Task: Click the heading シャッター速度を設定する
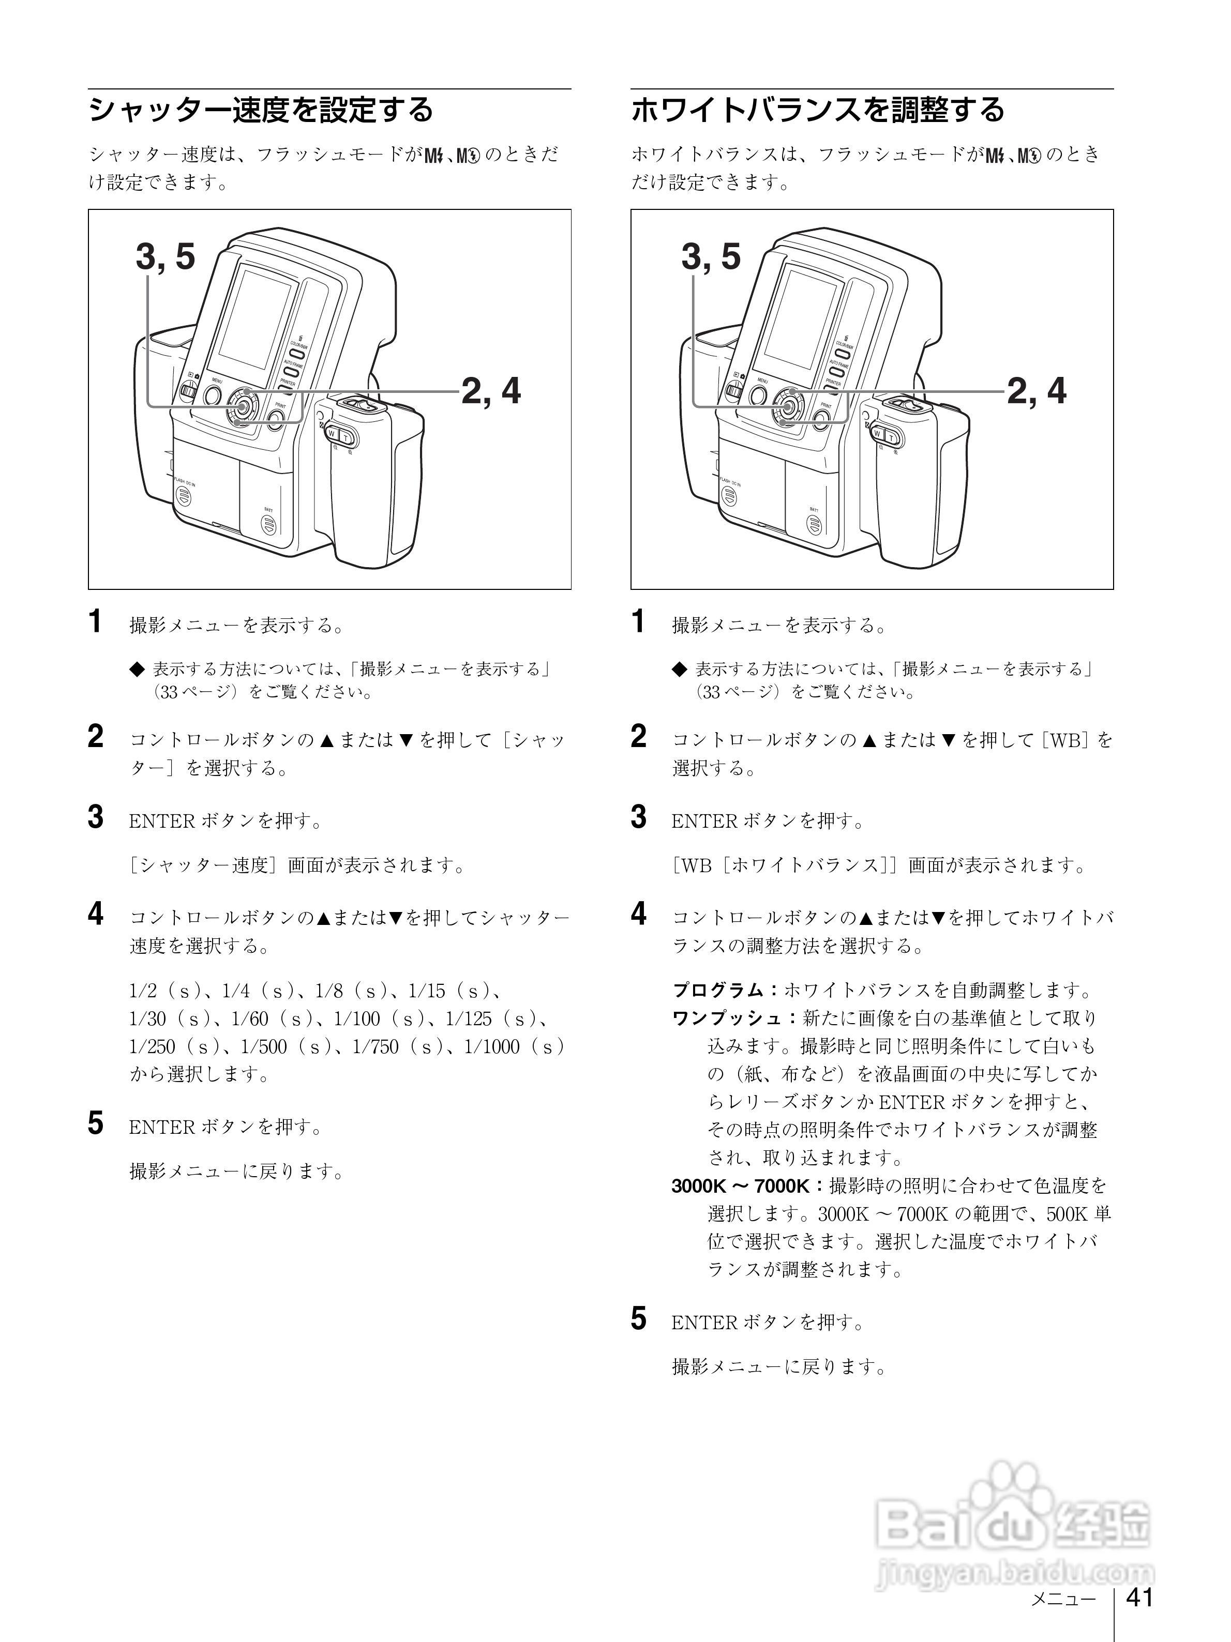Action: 261,110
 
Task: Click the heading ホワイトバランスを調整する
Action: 817,110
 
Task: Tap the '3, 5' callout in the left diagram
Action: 165,257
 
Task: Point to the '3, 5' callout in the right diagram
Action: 711,257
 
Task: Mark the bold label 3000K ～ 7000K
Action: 740,1186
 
